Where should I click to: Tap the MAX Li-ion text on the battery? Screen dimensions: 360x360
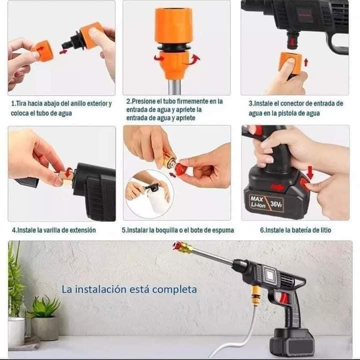(x=258, y=202)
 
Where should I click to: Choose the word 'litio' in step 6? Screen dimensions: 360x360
(x=325, y=230)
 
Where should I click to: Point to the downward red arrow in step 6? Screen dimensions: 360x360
(x=310, y=172)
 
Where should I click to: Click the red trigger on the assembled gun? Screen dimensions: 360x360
(x=284, y=298)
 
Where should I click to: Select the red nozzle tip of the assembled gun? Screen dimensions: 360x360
(x=176, y=245)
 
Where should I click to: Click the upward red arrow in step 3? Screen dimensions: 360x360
(x=306, y=62)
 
